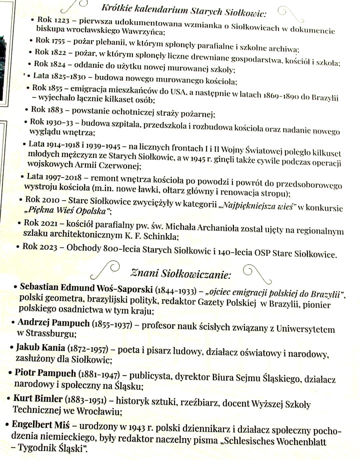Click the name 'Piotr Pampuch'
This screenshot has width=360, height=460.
(46, 374)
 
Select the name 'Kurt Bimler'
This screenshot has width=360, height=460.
(43, 399)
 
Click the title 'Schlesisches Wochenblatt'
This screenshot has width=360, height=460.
(281, 438)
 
